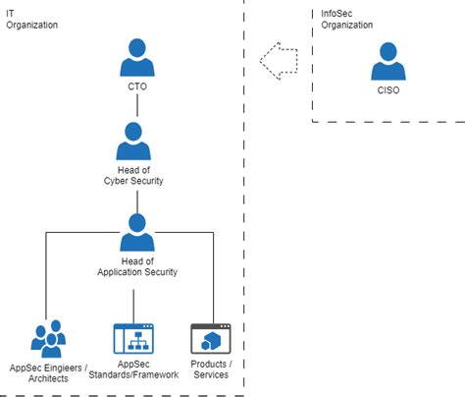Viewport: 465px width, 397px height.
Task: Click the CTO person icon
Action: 137,58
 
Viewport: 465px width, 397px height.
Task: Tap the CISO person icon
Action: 388,61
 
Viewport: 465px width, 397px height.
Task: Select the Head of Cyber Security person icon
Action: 133,142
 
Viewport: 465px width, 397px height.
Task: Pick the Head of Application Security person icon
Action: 137,233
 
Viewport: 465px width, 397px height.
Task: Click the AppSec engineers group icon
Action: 48,339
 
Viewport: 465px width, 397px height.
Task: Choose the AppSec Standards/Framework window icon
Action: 133,339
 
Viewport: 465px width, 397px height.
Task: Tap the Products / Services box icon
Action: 211,339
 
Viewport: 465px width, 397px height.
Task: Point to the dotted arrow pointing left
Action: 279,61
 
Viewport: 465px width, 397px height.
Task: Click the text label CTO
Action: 137,86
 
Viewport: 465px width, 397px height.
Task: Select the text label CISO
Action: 388,90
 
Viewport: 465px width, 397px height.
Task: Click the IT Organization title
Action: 32,20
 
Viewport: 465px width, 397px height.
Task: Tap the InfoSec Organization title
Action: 346,20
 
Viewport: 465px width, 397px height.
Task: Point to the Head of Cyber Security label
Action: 133,176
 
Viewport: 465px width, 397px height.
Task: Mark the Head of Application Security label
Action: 137,266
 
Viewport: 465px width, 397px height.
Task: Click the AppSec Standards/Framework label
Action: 133,369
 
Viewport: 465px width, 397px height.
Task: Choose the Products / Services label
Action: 211,369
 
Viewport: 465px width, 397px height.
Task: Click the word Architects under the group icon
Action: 48,378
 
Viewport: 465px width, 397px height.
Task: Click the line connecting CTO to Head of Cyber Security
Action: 137,105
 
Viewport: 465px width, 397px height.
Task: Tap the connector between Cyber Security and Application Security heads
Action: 137,201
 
